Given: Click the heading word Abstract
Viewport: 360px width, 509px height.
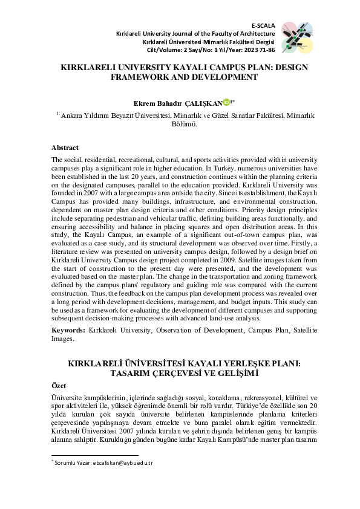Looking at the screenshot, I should pos(65,148).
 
